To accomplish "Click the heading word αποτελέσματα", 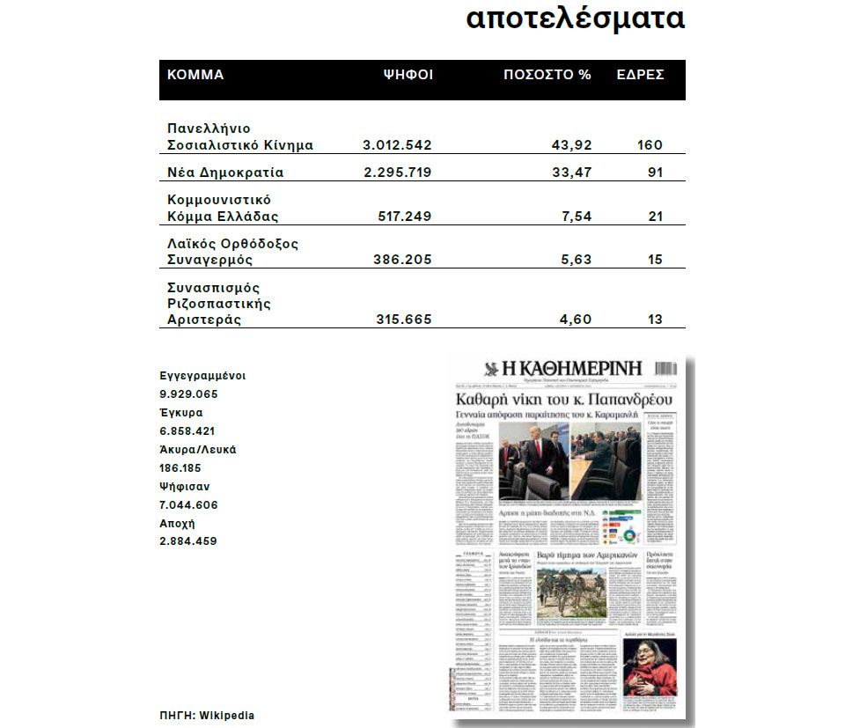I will coord(575,19).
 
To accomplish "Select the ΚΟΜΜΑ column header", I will coord(195,75).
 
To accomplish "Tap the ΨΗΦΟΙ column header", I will coord(408,75).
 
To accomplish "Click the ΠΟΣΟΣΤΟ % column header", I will coord(547,75).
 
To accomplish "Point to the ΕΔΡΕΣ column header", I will coord(640,75).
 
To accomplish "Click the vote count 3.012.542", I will coord(397,145).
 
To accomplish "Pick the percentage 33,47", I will coord(571,173).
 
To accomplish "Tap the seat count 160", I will coord(650,145).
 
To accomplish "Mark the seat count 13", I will coord(654,320).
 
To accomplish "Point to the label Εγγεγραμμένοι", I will coord(202,375).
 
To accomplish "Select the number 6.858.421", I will coord(188,431).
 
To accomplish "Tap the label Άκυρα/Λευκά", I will coord(198,450).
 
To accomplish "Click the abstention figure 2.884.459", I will coord(188,541).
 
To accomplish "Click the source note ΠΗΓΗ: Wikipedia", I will coord(207,716).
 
